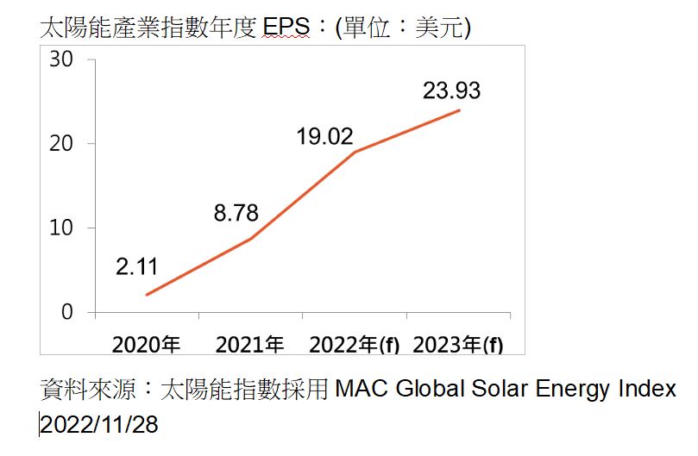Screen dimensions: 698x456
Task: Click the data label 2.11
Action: (136, 267)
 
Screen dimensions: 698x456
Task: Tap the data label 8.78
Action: (236, 213)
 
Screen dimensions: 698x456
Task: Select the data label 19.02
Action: (324, 136)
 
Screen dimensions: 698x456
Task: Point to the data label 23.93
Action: (451, 91)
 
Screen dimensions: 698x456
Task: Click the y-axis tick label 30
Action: (61, 59)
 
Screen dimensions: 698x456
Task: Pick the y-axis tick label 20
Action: (61, 144)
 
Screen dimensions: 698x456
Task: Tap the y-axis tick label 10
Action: (61, 228)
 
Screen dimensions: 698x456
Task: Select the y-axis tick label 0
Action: (67, 312)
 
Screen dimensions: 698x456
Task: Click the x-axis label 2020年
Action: (146, 345)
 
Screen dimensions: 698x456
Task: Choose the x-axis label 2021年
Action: (249, 345)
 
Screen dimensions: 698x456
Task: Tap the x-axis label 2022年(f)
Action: (355, 345)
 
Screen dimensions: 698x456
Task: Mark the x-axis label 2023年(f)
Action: (458, 345)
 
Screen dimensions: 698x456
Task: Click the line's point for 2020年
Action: (147, 295)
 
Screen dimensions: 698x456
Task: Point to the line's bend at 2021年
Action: (250, 239)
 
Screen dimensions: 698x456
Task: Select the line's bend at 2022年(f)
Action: (355, 153)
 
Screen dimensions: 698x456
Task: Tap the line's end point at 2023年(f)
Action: (459, 110)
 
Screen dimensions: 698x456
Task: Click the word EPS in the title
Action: (286, 27)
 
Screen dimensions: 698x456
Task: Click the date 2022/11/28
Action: (99, 424)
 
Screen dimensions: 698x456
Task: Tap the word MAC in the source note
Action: (362, 389)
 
